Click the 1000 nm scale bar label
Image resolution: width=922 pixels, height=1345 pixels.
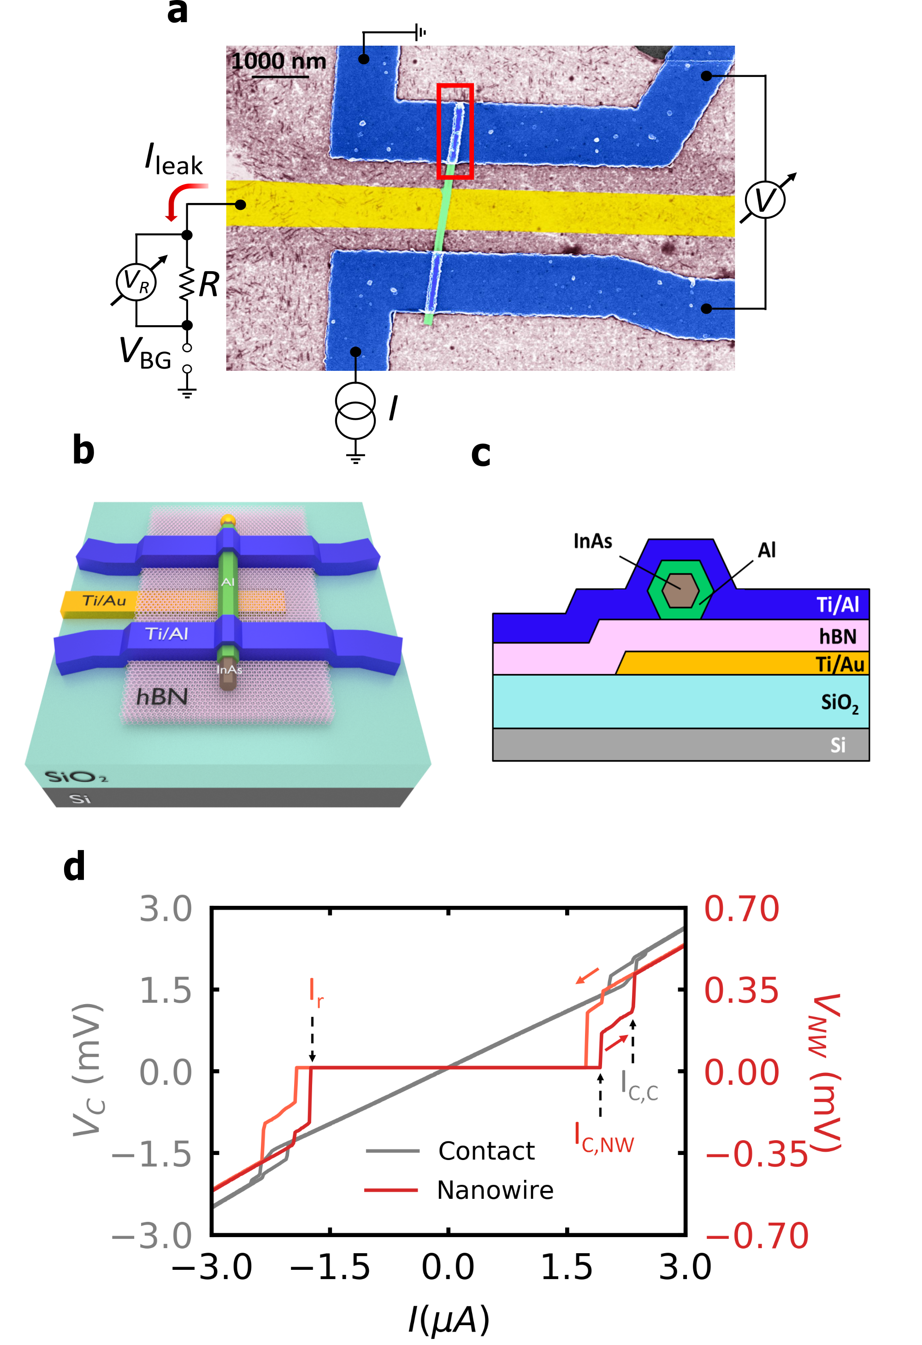tap(278, 61)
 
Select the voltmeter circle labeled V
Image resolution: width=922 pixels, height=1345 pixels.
tap(765, 200)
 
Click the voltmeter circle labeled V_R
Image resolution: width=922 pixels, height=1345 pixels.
tap(136, 281)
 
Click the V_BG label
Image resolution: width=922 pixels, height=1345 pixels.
tap(145, 352)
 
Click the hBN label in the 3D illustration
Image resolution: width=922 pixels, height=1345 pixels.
tap(161, 697)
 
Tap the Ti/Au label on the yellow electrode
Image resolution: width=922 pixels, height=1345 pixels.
tap(104, 600)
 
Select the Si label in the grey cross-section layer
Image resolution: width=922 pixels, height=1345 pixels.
tap(837, 745)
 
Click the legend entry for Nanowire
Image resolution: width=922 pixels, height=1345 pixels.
tap(495, 1190)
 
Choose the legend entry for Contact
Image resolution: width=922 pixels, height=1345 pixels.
tap(486, 1150)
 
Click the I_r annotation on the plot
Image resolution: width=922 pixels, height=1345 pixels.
tap(316, 992)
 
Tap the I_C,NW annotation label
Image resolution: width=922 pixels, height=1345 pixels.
tap(604, 1138)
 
